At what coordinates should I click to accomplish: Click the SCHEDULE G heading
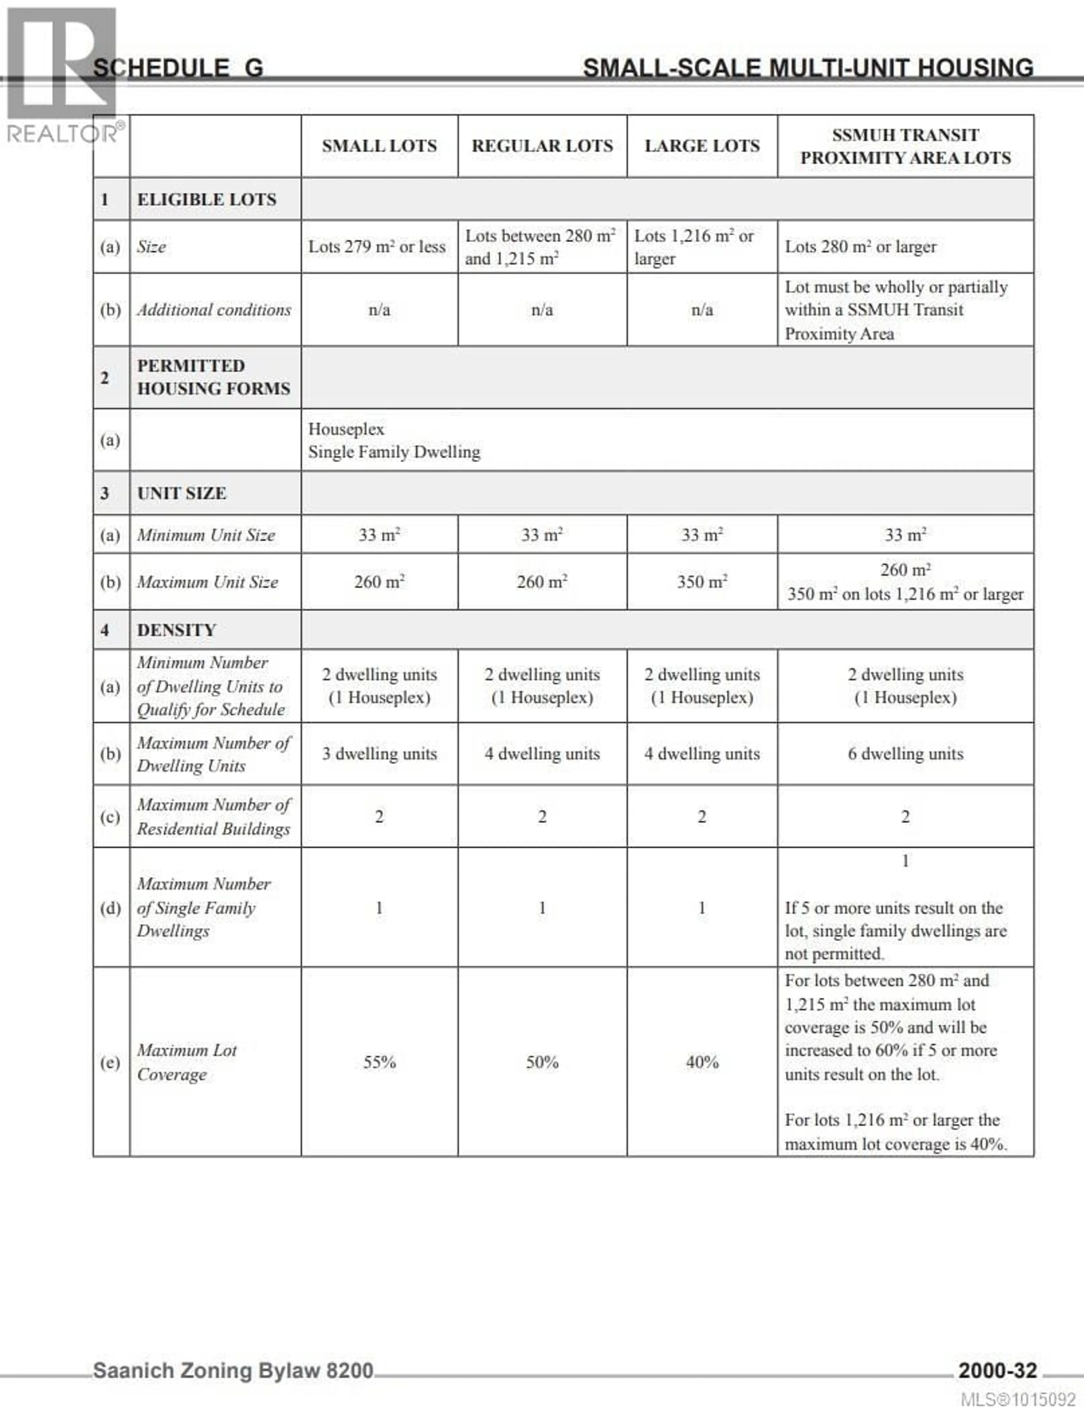[x=178, y=68]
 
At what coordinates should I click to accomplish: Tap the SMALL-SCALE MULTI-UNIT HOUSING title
[x=808, y=68]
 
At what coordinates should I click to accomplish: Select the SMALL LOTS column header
[x=379, y=146]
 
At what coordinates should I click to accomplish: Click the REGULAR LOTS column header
[x=542, y=146]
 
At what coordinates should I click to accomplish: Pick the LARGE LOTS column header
[x=702, y=146]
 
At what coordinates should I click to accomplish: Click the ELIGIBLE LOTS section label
[x=206, y=199]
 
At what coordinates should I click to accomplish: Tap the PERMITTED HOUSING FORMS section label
[x=214, y=377]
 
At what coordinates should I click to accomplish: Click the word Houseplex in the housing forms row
[x=346, y=429]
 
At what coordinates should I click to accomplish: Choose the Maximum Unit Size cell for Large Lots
[x=702, y=582]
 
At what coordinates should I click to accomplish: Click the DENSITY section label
[x=176, y=630]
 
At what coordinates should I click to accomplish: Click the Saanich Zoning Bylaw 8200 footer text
[x=233, y=1370]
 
